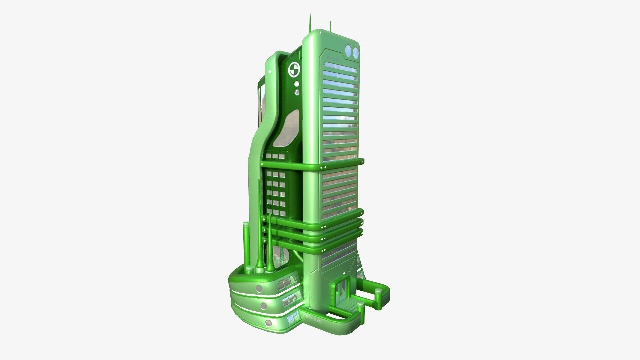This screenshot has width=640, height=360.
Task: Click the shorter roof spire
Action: click(330, 26)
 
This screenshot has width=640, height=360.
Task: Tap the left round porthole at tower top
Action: click(349, 51)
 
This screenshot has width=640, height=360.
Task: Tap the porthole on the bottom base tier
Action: click(269, 323)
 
